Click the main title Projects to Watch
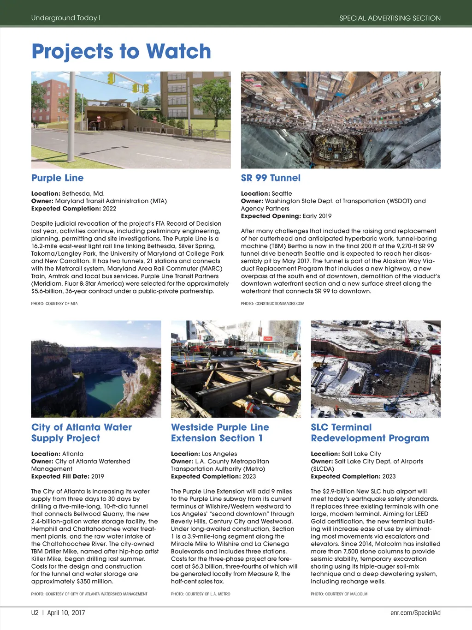click(x=121, y=51)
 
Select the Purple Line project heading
click(x=57, y=178)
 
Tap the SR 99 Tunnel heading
click(x=271, y=178)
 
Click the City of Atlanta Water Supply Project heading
click(x=81, y=432)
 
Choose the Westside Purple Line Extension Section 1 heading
click(x=220, y=432)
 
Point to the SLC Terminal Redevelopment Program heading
click(x=370, y=432)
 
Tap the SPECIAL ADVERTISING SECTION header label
click(x=389, y=18)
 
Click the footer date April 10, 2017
click(x=66, y=612)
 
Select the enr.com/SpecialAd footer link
click(x=415, y=612)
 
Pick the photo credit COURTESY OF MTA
click(x=54, y=303)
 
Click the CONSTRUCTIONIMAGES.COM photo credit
click(x=272, y=303)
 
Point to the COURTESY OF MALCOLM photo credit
click(x=339, y=594)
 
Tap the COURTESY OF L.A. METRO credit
click(x=201, y=594)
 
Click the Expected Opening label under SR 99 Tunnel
click(x=271, y=216)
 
